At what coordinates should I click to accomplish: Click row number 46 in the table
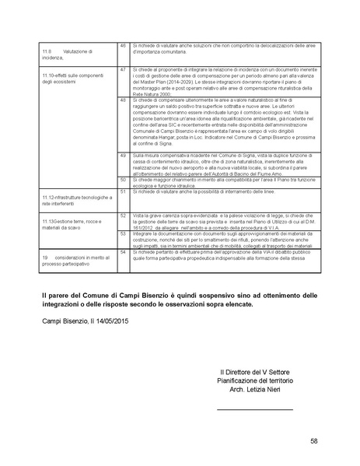124,47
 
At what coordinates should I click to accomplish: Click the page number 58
313,441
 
